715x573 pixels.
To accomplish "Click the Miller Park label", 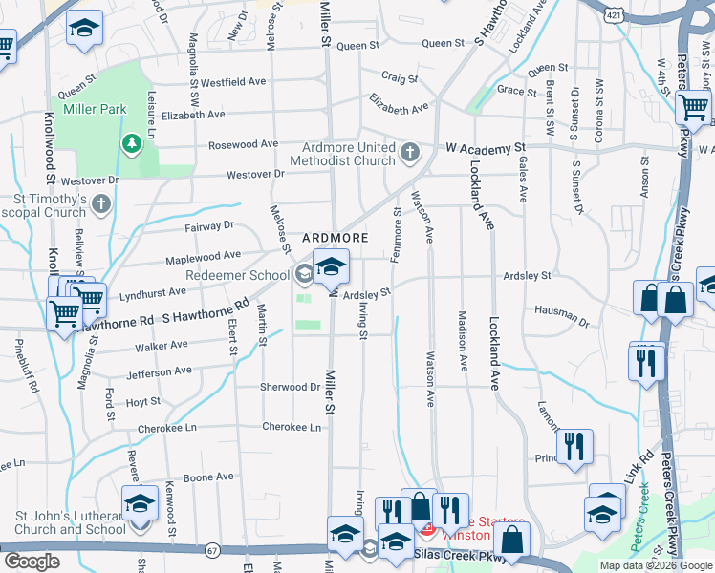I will coord(95,109).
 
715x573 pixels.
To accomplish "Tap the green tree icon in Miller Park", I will coord(131,143).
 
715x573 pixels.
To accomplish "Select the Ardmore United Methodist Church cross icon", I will coord(410,152).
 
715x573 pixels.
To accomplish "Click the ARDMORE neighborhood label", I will coord(336,237).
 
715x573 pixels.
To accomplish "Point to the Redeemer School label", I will coord(244,275).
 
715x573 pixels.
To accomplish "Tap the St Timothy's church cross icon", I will coord(102,204).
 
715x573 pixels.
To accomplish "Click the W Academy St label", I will coord(486,149).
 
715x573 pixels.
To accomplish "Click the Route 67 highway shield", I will coord(212,550).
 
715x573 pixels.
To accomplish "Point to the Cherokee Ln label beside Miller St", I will coord(292,427).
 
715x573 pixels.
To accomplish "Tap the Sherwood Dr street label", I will coord(291,387).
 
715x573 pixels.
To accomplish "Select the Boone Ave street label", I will coord(208,477).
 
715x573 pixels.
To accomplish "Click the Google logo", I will coord(32,562).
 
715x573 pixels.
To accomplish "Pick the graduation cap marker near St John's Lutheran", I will coord(140,504).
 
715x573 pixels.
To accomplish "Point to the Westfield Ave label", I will coord(232,82).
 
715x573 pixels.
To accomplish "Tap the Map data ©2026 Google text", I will coord(655,565).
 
